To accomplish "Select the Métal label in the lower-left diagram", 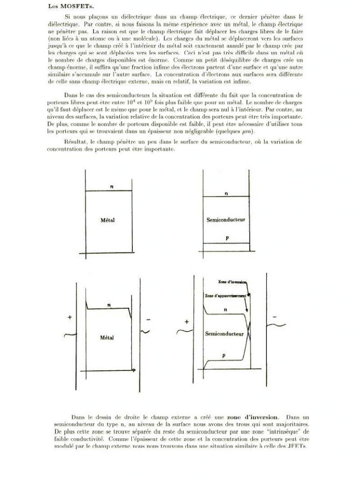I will pos(108,337).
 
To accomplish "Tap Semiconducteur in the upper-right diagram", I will pos(226,219).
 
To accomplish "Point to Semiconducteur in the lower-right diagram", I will pos(224,334).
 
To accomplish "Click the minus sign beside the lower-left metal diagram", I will pos(148,320).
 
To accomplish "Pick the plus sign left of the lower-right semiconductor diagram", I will pos(187,322).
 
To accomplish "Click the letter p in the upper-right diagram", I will pos(227,238).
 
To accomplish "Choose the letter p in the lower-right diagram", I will pos(224,355).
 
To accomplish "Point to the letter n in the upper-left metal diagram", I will pos(111,186).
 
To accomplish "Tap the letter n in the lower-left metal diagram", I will pos(109,305).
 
